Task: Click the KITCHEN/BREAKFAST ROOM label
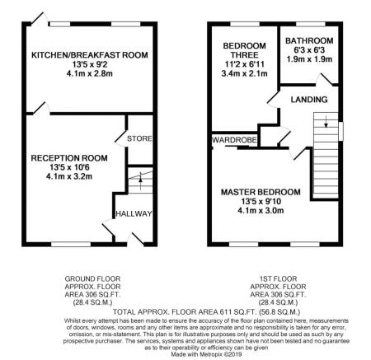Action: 89,54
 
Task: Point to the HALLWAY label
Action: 134,213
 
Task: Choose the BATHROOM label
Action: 309,40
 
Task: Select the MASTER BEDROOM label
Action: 261,192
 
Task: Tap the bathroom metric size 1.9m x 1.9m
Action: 309,59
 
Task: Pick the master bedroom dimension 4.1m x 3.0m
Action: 261,213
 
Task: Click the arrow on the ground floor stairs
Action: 139,179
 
